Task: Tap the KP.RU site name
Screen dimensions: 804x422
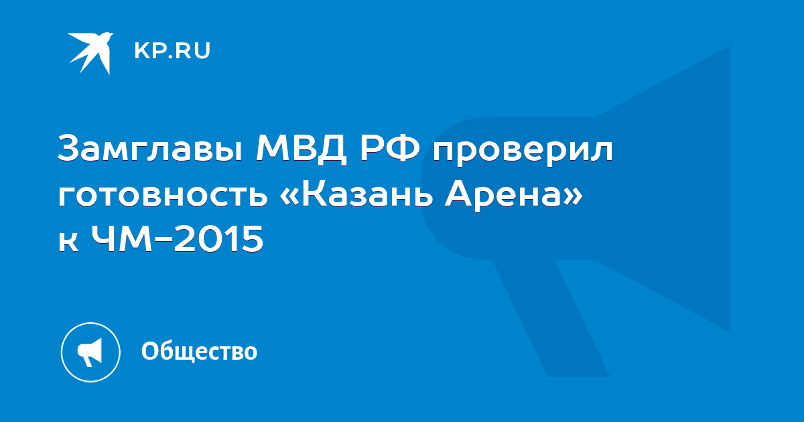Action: [172, 51]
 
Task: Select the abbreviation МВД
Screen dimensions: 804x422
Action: [301, 148]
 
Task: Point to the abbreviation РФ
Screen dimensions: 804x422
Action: [390, 147]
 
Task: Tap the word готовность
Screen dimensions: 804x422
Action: [163, 196]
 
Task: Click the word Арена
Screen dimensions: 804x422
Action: [503, 196]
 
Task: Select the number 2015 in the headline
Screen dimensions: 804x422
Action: [219, 239]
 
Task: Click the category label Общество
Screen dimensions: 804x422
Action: [199, 351]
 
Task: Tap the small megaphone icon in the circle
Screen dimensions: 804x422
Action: [90, 352]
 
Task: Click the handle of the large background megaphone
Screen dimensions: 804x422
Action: [551, 319]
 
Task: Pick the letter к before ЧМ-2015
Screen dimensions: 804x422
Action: [68, 242]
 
